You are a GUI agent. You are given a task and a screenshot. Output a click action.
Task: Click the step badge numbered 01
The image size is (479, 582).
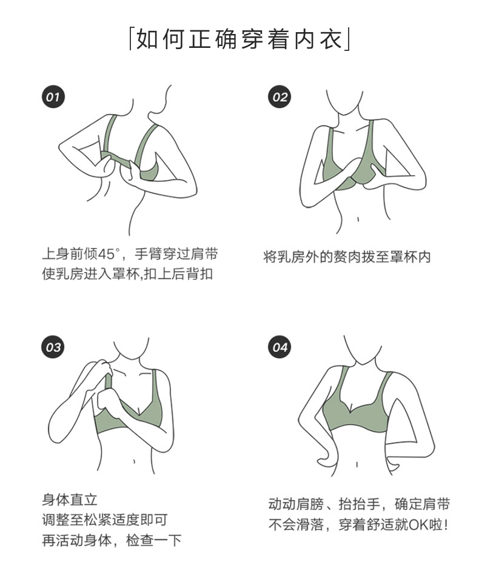(x=53, y=97)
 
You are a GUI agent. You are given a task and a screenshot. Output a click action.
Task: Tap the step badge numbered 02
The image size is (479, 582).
(x=280, y=97)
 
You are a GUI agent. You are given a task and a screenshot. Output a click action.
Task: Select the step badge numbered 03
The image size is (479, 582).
(x=53, y=347)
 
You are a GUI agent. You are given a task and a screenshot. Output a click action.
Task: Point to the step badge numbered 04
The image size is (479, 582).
(x=280, y=347)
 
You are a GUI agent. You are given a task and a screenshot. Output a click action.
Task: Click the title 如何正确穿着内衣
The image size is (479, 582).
(x=239, y=39)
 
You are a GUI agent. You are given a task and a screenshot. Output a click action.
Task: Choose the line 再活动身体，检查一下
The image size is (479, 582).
(x=112, y=540)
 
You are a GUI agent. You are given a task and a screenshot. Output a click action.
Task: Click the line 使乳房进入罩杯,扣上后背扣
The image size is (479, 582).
(x=127, y=273)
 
